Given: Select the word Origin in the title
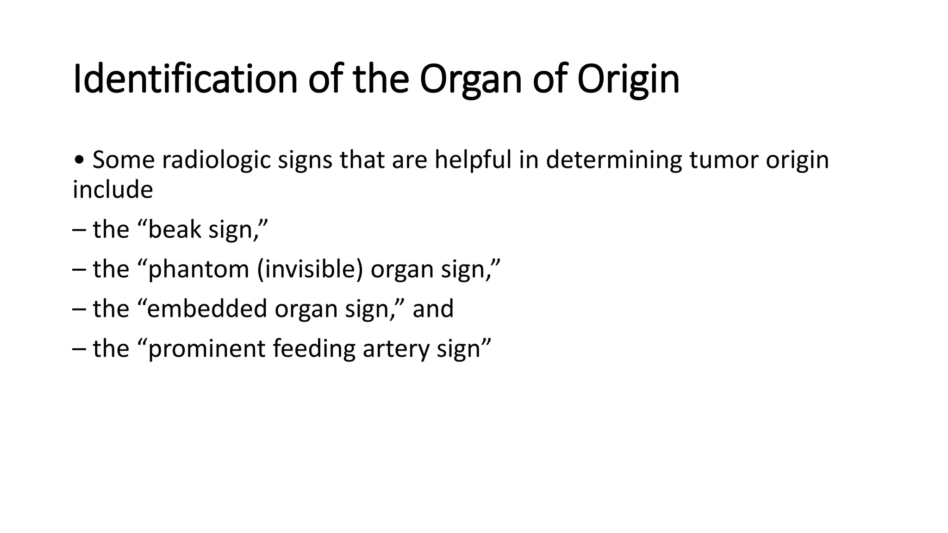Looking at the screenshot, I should tap(628, 80).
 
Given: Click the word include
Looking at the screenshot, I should tap(113, 190).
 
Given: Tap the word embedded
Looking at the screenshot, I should tap(207, 309).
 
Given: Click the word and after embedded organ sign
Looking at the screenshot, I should tap(433, 309).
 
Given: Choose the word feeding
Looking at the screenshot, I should tap(314, 348).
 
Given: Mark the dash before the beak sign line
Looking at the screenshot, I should tap(79, 230).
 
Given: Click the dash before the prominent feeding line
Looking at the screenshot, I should tap(79, 349).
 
